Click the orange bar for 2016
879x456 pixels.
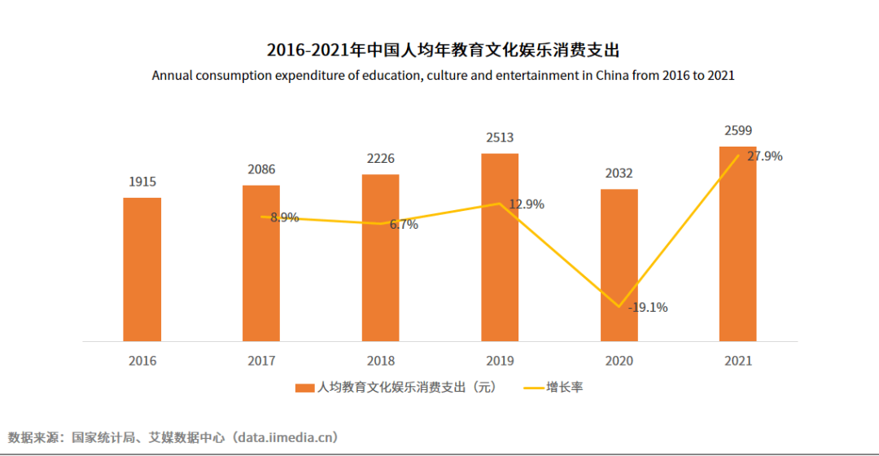tap(142, 269)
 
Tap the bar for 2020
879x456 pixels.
tap(619, 265)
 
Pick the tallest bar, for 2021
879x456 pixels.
tap(737, 243)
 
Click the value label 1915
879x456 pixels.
tap(142, 182)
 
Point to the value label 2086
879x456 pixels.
tap(261, 169)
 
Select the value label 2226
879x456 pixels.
tap(380, 158)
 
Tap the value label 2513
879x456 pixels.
tap(500, 138)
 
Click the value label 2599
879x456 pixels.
tap(737, 130)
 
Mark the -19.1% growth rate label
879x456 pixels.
tap(648, 307)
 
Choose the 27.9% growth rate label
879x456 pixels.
tap(764, 156)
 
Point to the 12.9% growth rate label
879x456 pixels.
tap(527, 204)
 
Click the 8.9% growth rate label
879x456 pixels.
tap(284, 217)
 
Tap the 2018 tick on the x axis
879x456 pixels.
tap(380, 361)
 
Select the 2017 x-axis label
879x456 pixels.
tap(261, 361)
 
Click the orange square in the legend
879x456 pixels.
tap(304, 388)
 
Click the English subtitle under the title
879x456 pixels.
tap(443, 76)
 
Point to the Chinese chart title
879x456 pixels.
tap(444, 50)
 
